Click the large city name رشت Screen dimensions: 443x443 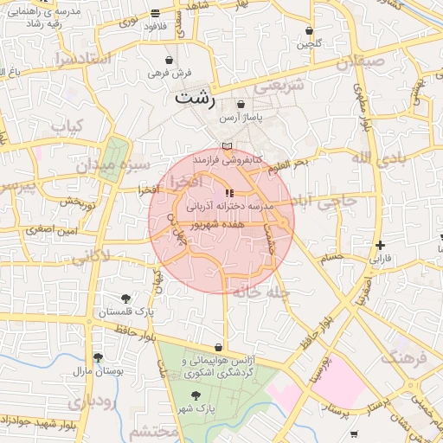pos(195,98)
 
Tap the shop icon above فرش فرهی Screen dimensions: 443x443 pos(169,61)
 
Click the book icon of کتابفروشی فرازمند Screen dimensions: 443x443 pos(227,147)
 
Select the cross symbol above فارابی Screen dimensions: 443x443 pos(380,246)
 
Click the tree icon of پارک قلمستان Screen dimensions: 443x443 pos(126,299)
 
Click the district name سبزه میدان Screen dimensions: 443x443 pos(123,164)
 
